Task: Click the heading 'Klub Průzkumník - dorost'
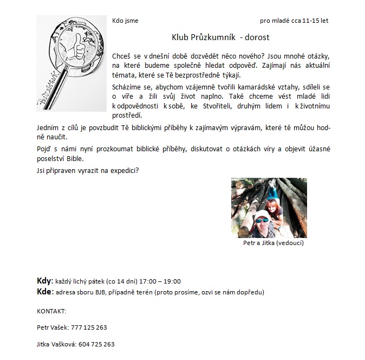(x=220, y=38)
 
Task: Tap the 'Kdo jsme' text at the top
(x=125, y=21)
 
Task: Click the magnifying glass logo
(x=71, y=62)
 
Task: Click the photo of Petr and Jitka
(x=269, y=208)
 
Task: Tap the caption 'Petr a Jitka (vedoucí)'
(x=273, y=243)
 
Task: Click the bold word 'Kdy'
(x=43, y=281)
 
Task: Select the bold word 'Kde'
(x=44, y=292)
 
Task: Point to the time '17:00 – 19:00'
(x=160, y=281)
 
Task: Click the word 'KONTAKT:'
(x=51, y=311)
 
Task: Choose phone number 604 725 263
(x=99, y=344)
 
